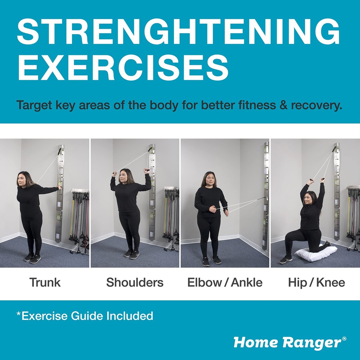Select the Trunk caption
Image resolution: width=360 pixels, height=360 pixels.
pyautogui.click(x=45, y=283)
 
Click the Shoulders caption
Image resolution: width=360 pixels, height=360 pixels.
pyautogui.click(x=135, y=283)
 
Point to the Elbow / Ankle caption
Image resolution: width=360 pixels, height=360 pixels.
pyautogui.click(x=225, y=283)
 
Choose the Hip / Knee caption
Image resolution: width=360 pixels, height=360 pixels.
pyautogui.click(x=316, y=283)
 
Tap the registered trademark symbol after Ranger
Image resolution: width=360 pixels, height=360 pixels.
pyautogui.click(x=345, y=338)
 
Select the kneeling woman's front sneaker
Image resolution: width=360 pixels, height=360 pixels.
pyautogui.click(x=285, y=259)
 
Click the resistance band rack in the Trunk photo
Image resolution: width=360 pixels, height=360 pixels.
pyautogui.click(x=80, y=216)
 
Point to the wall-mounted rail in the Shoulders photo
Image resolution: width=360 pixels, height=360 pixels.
pyautogui.click(x=152, y=194)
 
